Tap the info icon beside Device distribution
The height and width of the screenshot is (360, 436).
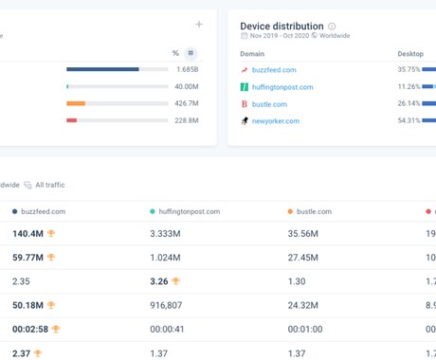click(x=332, y=27)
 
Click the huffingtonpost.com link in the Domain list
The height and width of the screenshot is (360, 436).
click(x=282, y=87)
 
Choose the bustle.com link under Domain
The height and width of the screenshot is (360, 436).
click(x=269, y=103)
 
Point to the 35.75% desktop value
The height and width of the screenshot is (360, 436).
click(x=409, y=69)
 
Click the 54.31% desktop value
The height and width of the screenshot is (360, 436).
click(x=409, y=121)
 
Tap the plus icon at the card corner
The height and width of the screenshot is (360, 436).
click(x=198, y=25)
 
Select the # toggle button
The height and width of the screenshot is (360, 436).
click(x=191, y=53)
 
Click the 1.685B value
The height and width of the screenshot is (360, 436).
click(x=187, y=69)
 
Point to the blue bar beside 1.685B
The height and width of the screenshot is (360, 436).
click(x=103, y=69)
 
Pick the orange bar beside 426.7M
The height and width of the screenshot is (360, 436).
click(x=76, y=103)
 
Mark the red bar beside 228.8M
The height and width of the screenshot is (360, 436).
click(x=72, y=120)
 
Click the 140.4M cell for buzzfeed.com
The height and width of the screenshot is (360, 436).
click(x=28, y=233)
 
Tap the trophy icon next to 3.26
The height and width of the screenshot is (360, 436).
click(x=177, y=280)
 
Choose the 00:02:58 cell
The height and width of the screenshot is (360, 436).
click(x=29, y=329)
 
